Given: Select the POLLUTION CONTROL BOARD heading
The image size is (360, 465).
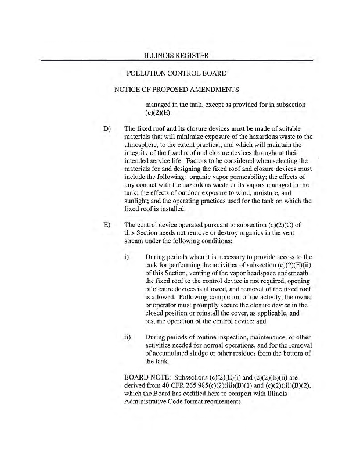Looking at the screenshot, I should pos(176,74).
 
